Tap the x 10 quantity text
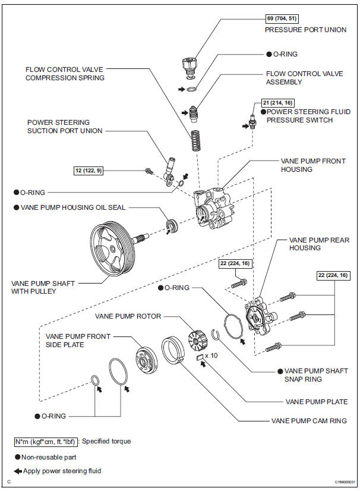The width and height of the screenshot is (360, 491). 211,356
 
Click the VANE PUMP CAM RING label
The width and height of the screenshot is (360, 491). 309,421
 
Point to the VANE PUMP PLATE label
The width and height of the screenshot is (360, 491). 317,402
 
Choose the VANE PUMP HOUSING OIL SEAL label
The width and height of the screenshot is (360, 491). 81,208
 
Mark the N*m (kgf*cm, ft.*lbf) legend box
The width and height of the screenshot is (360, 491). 47,442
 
